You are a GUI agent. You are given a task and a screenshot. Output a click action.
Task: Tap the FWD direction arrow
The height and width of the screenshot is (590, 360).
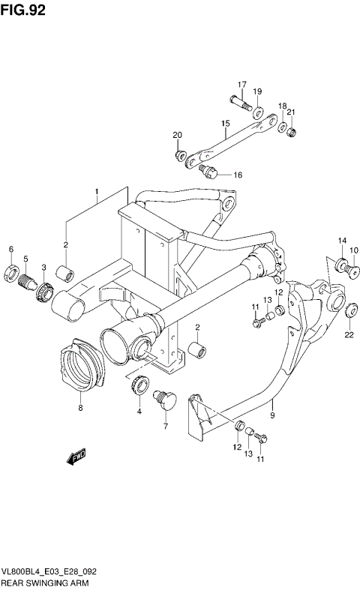76,457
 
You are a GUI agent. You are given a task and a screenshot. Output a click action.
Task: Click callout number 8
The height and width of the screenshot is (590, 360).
80,409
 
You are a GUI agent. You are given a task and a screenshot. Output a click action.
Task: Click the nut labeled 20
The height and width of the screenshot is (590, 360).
179,156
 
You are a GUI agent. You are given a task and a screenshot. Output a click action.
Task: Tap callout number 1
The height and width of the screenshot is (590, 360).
97,192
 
